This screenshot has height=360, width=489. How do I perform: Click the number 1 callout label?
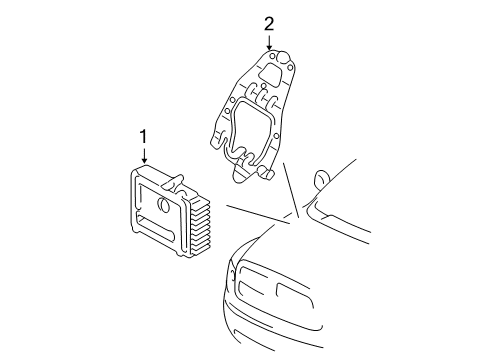[x=144, y=135]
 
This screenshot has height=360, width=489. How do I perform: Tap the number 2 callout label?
[x=268, y=22]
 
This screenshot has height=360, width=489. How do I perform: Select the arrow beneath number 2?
[x=268, y=43]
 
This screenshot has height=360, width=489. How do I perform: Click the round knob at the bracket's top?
[x=283, y=57]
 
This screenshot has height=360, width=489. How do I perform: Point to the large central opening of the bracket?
[x=254, y=130]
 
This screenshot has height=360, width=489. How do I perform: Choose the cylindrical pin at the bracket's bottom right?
[x=271, y=172]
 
